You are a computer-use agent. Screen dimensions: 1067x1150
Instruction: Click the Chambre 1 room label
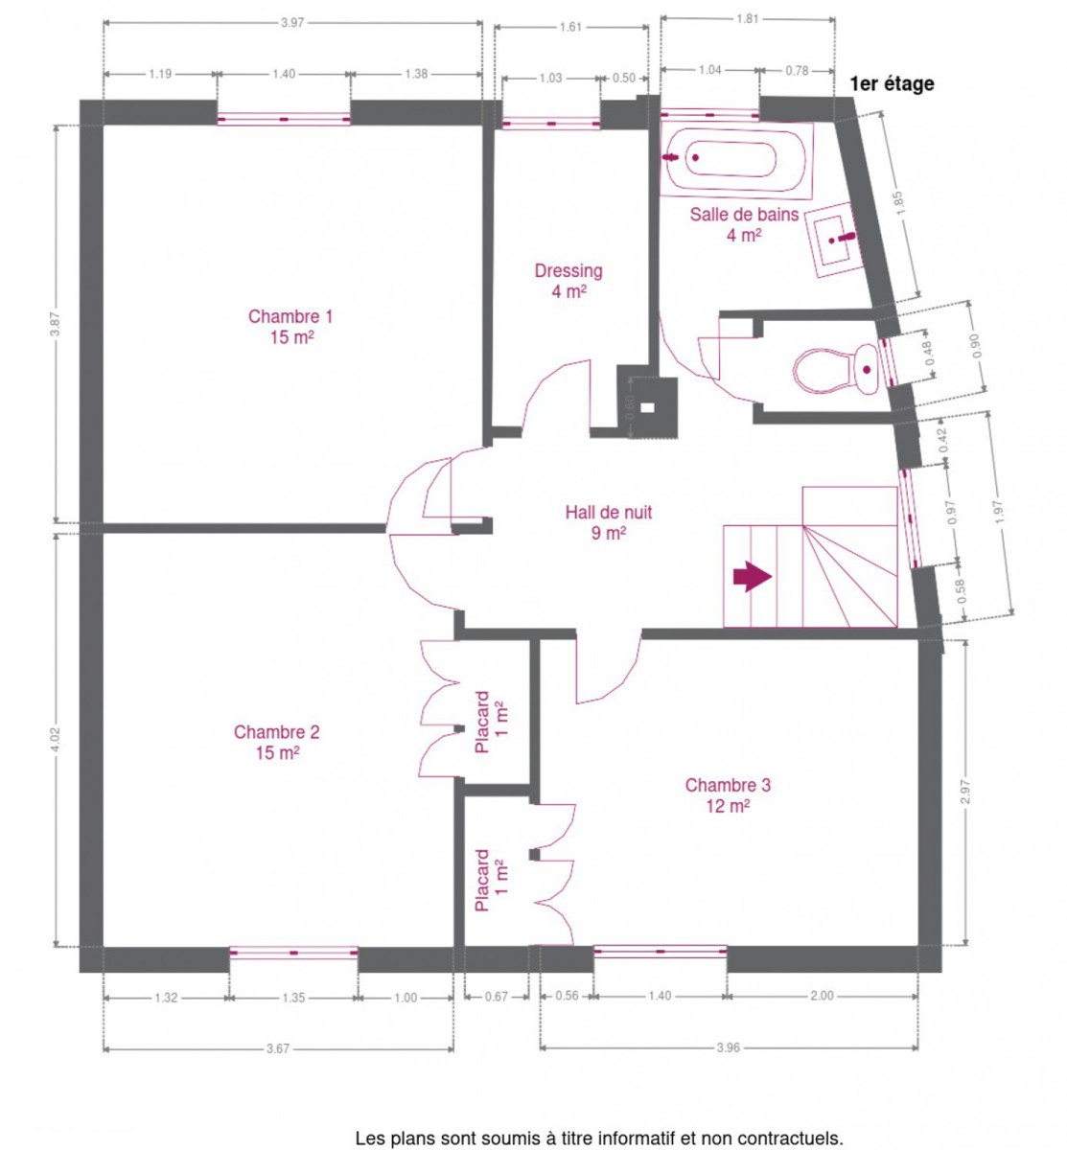(x=290, y=327)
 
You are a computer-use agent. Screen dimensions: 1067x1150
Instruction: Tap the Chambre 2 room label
(x=276, y=742)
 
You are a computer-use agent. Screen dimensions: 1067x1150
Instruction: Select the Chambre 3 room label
(x=728, y=795)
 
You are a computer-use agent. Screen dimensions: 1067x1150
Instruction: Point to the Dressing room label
(x=568, y=281)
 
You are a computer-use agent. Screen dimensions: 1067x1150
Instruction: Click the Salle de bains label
(x=744, y=224)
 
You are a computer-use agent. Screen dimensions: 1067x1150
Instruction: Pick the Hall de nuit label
(x=608, y=522)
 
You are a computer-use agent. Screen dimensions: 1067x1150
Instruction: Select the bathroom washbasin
(x=834, y=240)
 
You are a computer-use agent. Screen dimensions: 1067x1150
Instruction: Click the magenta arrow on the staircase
(x=752, y=576)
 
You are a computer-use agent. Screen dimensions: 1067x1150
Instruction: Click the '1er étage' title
(x=892, y=84)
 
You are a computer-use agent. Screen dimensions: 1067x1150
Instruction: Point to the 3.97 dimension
(x=292, y=23)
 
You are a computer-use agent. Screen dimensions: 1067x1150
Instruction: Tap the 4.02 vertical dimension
(x=56, y=739)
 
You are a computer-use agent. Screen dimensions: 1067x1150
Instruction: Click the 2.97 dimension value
(x=965, y=792)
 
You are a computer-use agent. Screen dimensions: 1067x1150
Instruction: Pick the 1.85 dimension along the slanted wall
(x=899, y=203)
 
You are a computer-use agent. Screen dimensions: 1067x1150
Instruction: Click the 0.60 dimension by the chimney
(x=630, y=407)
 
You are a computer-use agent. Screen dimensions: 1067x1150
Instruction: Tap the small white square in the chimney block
(x=647, y=407)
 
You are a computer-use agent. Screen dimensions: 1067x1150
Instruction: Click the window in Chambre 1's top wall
(x=283, y=119)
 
